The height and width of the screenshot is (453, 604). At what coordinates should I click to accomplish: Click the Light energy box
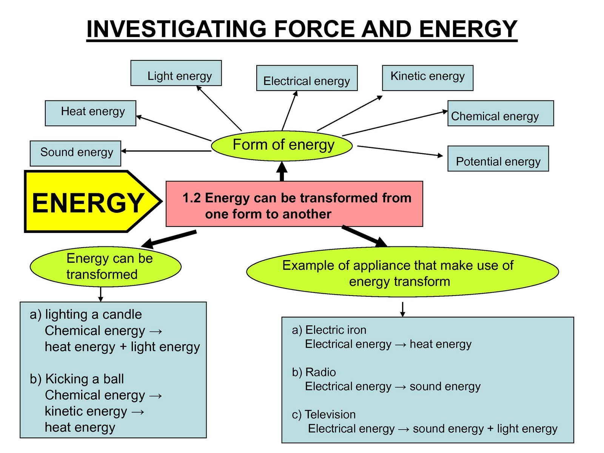click(176, 73)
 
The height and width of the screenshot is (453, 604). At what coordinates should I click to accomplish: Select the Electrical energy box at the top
click(307, 78)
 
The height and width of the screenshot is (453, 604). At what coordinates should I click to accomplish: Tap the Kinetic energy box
click(427, 78)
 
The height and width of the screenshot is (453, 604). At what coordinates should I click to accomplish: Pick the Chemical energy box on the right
click(500, 113)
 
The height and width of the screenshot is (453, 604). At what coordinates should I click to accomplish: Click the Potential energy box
click(498, 159)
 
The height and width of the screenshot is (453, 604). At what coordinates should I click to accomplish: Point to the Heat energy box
click(90, 113)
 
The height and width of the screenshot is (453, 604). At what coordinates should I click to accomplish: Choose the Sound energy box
click(75, 153)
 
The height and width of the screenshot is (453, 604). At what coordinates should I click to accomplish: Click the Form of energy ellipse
click(282, 145)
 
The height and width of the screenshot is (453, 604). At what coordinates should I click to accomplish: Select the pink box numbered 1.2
click(294, 204)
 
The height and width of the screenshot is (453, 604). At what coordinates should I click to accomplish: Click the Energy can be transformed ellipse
click(106, 267)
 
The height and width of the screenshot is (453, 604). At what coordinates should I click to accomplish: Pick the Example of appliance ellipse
click(402, 273)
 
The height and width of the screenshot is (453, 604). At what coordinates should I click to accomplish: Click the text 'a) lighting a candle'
click(86, 314)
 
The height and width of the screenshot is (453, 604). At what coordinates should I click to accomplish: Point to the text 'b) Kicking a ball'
click(77, 379)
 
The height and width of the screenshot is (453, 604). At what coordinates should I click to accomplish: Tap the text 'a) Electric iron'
click(329, 330)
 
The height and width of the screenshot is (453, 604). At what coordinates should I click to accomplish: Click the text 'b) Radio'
click(314, 372)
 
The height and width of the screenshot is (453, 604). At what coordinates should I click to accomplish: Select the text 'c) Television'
click(324, 414)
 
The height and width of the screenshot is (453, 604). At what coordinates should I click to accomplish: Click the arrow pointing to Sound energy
click(166, 151)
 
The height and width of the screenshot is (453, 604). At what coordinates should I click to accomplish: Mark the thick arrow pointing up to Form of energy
click(282, 172)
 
